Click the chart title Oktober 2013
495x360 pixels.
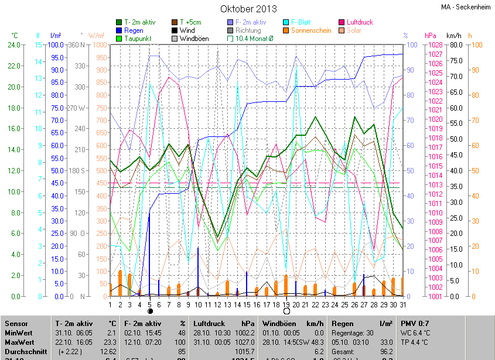point(248,9)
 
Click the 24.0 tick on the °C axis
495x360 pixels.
point(13,44)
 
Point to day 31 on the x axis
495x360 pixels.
point(402,304)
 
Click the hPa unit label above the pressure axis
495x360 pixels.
point(431,36)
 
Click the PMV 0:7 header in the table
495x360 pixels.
point(415,324)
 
